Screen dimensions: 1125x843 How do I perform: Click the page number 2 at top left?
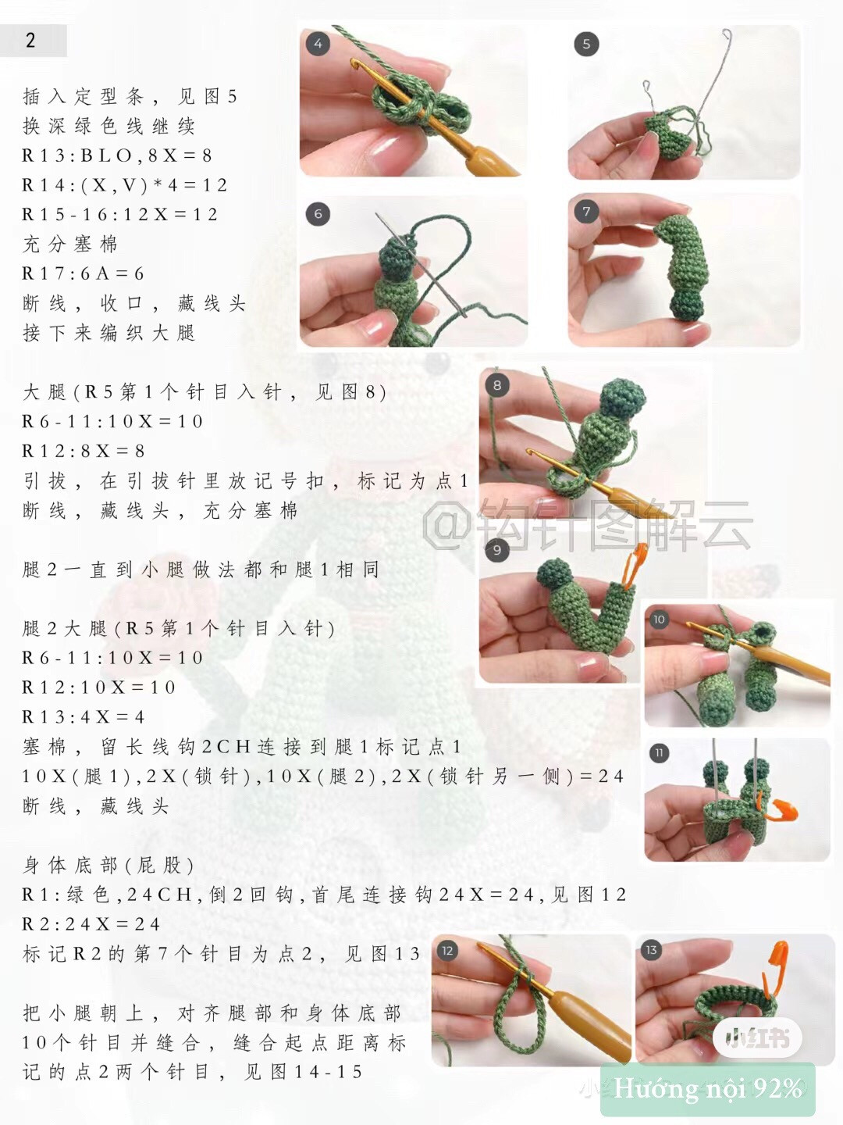(x=30, y=41)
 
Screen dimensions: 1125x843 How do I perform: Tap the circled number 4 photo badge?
(x=318, y=44)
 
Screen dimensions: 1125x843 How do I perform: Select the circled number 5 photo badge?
(x=586, y=45)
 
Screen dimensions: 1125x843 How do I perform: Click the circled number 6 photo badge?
(x=318, y=214)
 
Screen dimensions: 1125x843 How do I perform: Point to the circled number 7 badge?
(x=586, y=212)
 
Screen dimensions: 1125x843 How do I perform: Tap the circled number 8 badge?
(x=497, y=384)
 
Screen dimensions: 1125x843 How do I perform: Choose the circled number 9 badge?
(x=497, y=550)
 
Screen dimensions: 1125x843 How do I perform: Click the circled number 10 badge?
(x=659, y=620)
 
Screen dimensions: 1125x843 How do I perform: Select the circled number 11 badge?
(x=659, y=753)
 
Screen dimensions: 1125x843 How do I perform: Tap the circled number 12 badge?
(x=447, y=951)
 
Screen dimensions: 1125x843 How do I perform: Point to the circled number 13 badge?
(x=651, y=950)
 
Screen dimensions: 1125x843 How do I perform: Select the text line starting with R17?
(x=84, y=273)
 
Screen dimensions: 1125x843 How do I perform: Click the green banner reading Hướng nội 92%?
(x=707, y=1088)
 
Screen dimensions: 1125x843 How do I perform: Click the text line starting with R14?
(x=125, y=185)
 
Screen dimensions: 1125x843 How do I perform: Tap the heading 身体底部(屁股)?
(x=109, y=865)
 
